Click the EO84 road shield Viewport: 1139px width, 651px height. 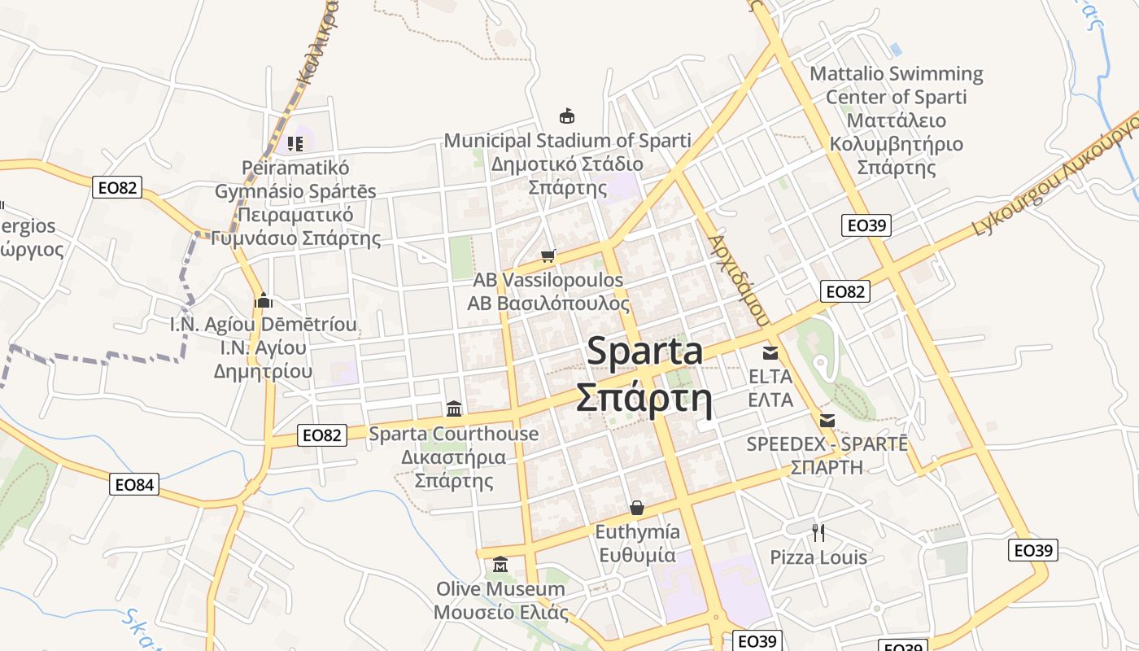tap(134, 485)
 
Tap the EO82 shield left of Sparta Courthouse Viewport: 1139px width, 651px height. tap(322, 435)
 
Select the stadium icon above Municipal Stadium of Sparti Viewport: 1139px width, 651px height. tap(566, 116)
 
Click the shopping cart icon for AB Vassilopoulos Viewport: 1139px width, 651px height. tap(548, 256)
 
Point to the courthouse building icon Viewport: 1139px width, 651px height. tap(454, 409)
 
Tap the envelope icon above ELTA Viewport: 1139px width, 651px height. tap(770, 353)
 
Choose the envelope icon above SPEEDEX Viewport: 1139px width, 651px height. tap(827, 421)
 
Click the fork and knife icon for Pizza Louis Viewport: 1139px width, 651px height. tap(818, 533)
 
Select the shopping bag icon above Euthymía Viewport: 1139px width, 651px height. tap(637, 509)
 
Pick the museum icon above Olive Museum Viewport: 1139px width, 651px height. tap(500, 564)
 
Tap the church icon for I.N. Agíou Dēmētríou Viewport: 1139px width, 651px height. tap(263, 300)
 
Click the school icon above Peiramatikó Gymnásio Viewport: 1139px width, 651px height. tap(295, 144)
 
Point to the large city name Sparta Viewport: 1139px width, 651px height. tap(644, 352)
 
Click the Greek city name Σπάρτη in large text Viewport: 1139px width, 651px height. tap(644, 399)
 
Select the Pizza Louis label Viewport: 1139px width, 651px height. tap(818, 557)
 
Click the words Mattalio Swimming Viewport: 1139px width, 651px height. tap(897, 74)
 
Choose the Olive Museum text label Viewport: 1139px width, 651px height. tap(500, 588)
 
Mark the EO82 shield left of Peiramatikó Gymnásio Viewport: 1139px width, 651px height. tap(118, 188)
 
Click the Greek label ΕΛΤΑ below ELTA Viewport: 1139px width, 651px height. tap(770, 400)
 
